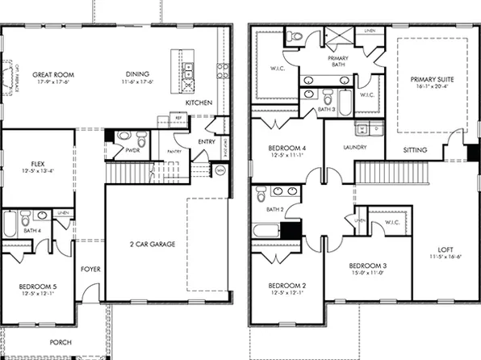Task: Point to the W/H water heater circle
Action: (x=219, y=170)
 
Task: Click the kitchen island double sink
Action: (x=187, y=68)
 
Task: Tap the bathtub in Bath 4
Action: (x=10, y=224)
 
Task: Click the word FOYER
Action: (x=90, y=269)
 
